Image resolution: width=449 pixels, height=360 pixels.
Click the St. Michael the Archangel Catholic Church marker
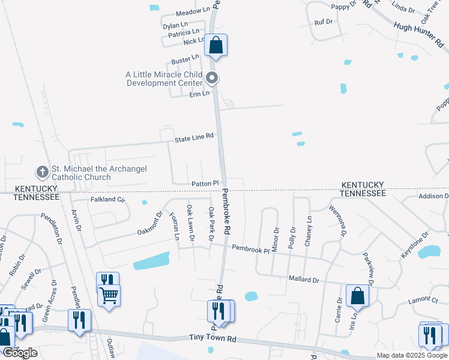(x=42, y=173)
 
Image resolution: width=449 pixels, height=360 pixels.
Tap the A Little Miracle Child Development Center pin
(x=211, y=78)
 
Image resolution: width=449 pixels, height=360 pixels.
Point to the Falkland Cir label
(x=107, y=199)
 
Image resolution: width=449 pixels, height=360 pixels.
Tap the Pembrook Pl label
(x=250, y=248)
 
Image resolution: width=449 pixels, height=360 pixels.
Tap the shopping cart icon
(x=109, y=295)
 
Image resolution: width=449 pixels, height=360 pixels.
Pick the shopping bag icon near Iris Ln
(x=358, y=296)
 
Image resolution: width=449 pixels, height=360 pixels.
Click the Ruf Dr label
(x=324, y=22)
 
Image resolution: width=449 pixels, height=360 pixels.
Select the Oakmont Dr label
(x=150, y=223)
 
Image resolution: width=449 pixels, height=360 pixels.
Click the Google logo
(x=20, y=353)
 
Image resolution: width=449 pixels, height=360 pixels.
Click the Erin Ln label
(x=199, y=94)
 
